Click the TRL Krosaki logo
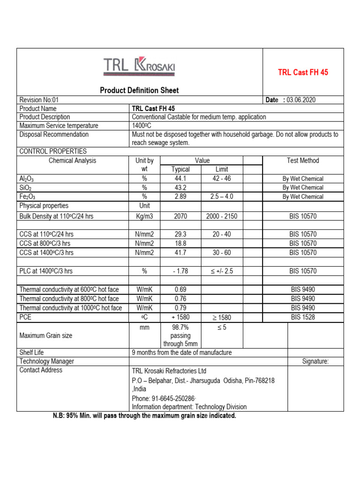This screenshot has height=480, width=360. tap(139, 67)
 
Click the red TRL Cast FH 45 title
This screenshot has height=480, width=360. tap(303, 73)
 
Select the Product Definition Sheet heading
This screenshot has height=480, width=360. tap(139, 90)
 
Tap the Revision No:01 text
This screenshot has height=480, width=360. tap(39, 100)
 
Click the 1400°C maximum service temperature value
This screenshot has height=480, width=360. tap(142, 126)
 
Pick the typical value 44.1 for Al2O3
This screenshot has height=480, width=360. tap(180, 179)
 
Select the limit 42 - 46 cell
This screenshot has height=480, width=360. tap(221, 179)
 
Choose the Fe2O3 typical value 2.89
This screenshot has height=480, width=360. tap(180, 196)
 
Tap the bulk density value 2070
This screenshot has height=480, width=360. tap(180, 217)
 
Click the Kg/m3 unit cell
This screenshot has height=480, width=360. tap(144, 217)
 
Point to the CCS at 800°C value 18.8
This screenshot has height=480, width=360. tap(180, 243)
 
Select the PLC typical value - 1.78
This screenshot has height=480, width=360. tap(180, 271)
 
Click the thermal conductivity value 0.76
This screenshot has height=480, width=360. tap(180, 299)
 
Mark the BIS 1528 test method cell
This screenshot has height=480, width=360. tap(303, 317)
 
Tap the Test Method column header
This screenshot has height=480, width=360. tap(303, 160)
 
